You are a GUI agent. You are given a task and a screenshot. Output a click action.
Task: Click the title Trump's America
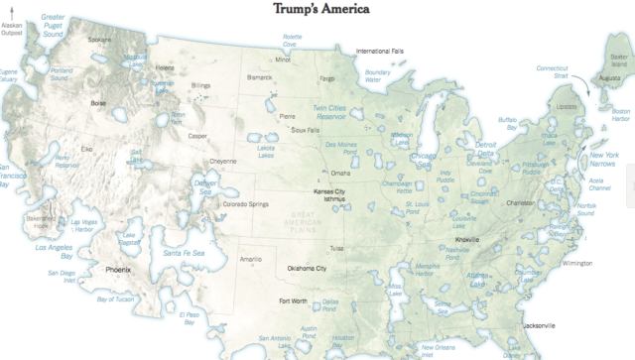317,10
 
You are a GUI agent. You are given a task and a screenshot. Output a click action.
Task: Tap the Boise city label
98,102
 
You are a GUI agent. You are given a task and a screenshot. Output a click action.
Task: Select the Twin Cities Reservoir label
338,111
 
